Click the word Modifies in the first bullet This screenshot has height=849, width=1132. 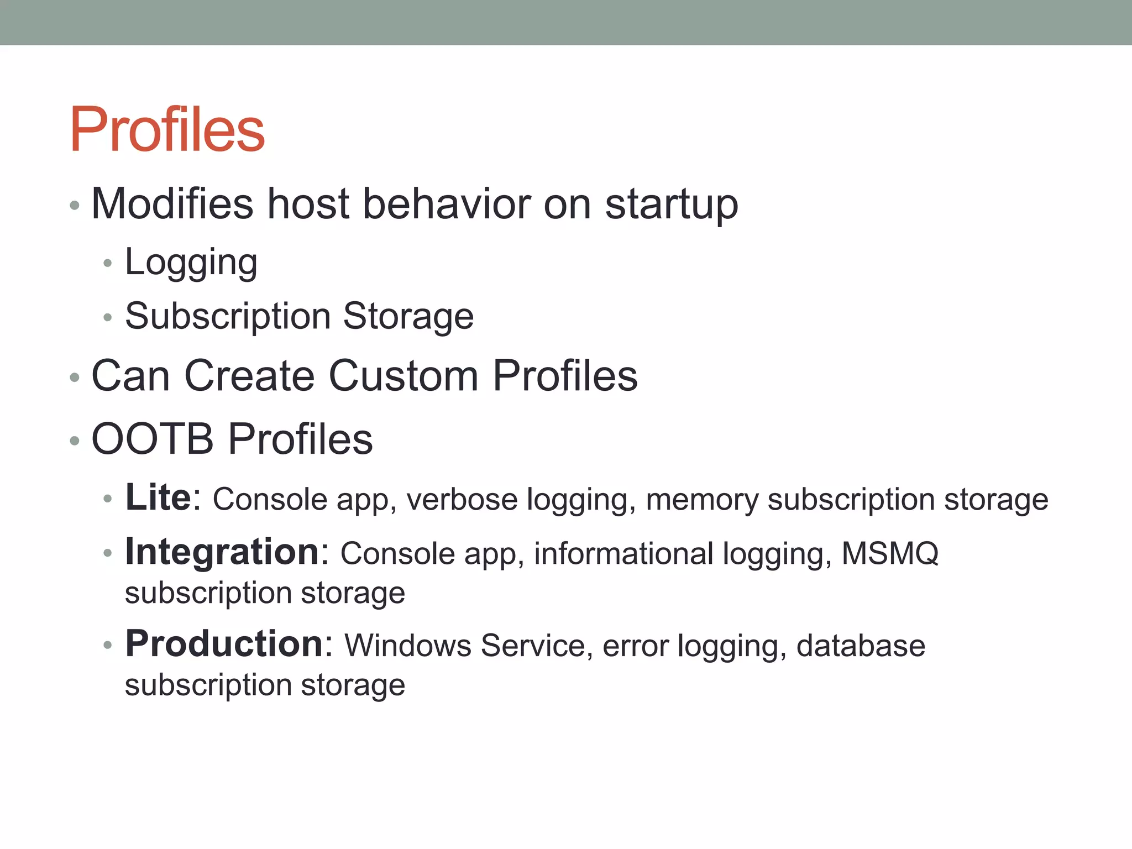172,204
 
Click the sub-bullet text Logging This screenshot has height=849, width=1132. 191,263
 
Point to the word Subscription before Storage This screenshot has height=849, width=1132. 227,317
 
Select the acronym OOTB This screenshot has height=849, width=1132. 153,439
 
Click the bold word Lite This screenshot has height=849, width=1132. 158,497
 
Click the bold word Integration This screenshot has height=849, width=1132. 222,552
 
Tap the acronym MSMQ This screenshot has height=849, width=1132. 889,553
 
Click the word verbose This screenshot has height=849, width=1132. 462,499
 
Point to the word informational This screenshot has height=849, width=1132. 623,553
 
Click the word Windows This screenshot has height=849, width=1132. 408,645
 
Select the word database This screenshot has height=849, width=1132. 861,645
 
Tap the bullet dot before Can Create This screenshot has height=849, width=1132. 75,378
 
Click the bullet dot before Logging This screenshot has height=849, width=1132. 108,264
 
